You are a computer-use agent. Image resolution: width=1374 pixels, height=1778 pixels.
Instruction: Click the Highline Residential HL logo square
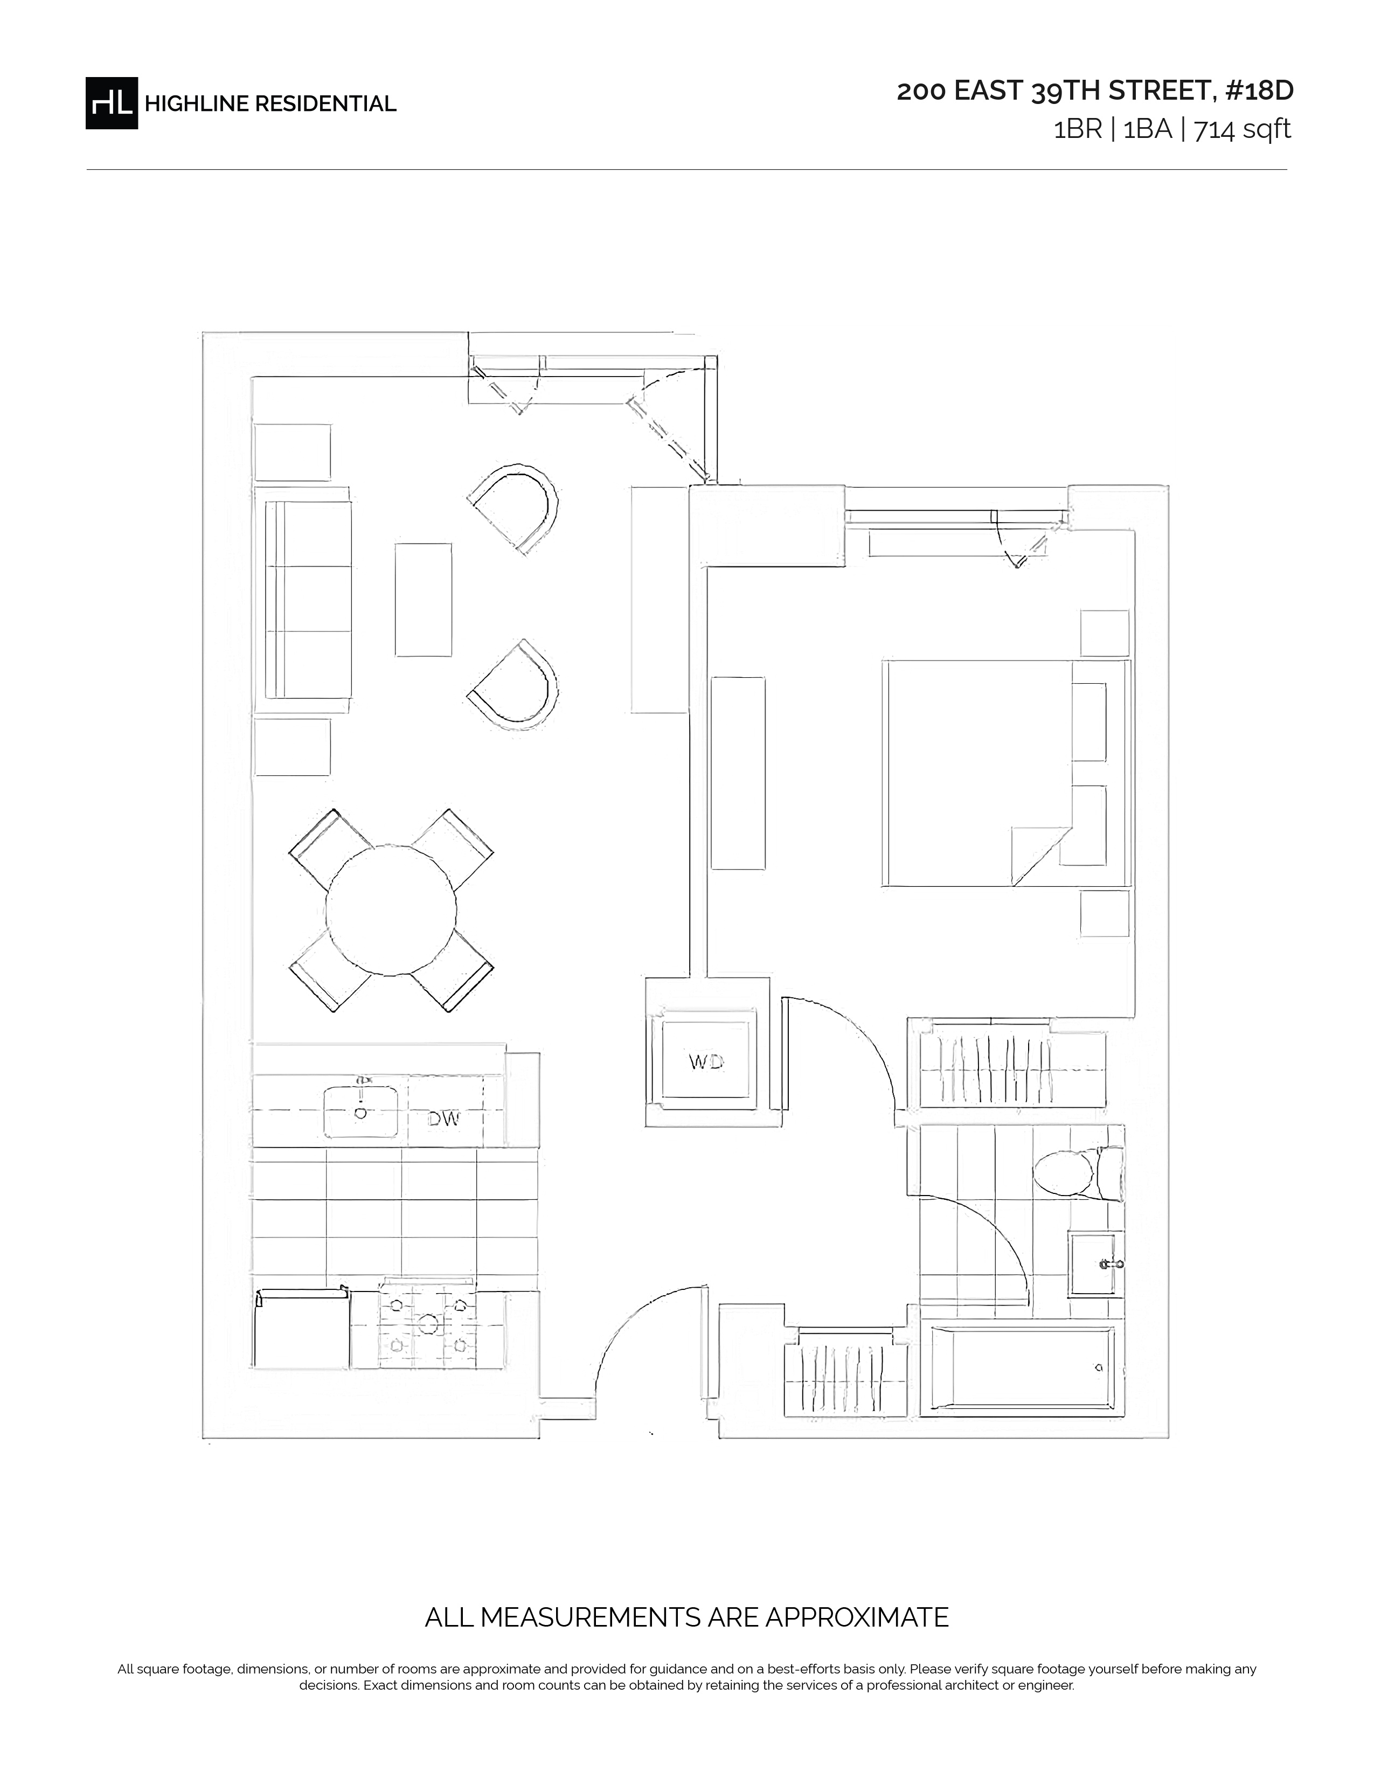click(x=112, y=102)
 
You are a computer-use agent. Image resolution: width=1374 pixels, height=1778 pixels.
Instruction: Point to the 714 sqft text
click(x=1242, y=129)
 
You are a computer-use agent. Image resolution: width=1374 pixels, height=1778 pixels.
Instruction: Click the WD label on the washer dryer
click(x=706, y=1061)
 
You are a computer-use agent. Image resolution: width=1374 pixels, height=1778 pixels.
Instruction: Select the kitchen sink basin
click(x=360, y=1111)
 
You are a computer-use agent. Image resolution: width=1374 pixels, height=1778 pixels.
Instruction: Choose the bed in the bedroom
click(x=1006, y=773)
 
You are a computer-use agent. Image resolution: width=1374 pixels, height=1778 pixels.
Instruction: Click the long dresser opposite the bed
click(x=738, y=773)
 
